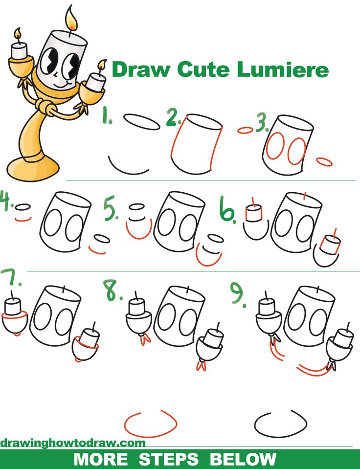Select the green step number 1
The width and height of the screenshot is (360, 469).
[107, 118]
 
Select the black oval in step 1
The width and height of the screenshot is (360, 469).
[141, 122]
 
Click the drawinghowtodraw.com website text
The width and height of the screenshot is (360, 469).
[73, 443]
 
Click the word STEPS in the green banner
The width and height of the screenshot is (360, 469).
[169, 459]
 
